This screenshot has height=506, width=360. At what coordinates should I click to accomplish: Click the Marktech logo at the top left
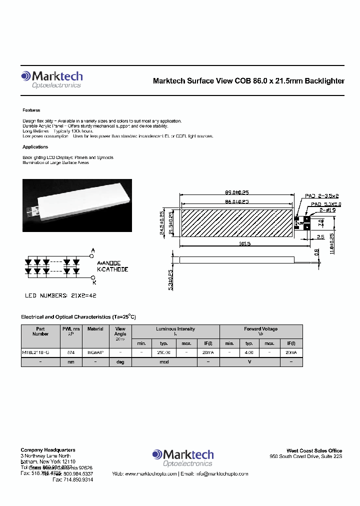pyautogui.click(x=51, y=79)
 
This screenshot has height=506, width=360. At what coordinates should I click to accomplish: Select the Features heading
pyautogui.click(x=31, y=110)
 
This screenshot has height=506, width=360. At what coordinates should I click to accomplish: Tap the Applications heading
pyautogui.click(x=35, y=147)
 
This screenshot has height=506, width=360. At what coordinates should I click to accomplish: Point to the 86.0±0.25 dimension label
pyautogui.click(x=236, y=201)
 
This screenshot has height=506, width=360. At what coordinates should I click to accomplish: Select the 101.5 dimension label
pyautogui.click(x=244, y=244)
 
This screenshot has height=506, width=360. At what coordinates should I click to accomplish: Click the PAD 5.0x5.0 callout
pyautogui.click(x=326, y=204)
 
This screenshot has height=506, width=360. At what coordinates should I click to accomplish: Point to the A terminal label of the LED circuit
pyautogui.click(x=92, y=250)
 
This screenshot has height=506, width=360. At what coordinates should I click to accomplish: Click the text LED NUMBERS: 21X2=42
pyautogui.click(x=60, y=295)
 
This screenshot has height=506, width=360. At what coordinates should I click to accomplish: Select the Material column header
pyautogui.click(x=95, y=329)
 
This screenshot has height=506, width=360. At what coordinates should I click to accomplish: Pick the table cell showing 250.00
pyautogui.click(x=163, y=352)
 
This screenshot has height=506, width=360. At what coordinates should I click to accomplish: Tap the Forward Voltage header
pyautogui.click(x=260, y=329)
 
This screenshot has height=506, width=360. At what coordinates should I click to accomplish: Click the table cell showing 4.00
pyautogui.click(x=249, y=352)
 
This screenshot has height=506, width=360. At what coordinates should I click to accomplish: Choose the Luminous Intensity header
pyautogui.click(x=175, y=329)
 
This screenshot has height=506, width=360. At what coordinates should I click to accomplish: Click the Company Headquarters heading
pyautogui.click(x=48, y=450)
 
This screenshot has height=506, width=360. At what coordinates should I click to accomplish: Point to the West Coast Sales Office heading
pyautogui.click(x=314, y=450)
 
